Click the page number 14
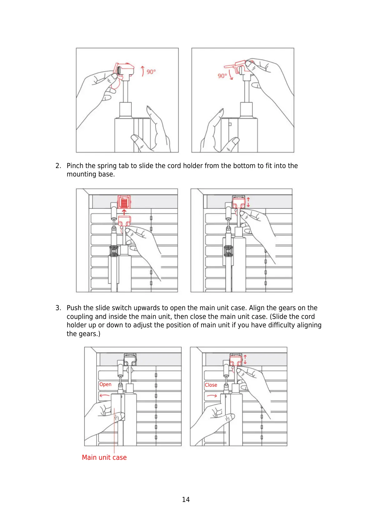point(186,499)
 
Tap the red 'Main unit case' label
point(104,457)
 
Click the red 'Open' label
point(105,385)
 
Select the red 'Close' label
point(211,385)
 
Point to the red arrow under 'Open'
point(105,396)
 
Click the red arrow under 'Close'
point(212,396)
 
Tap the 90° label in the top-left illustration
point(151,72)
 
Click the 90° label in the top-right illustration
point(222,76)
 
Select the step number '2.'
point(58,166)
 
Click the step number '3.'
point(58,308)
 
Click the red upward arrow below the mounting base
point(124,212)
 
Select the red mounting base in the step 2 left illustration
point(124,202)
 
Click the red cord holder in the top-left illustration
point(123,70)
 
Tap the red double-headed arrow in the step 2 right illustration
point(248,202)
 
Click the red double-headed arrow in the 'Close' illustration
point(245,360)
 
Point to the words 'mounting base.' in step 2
point(91,174)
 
